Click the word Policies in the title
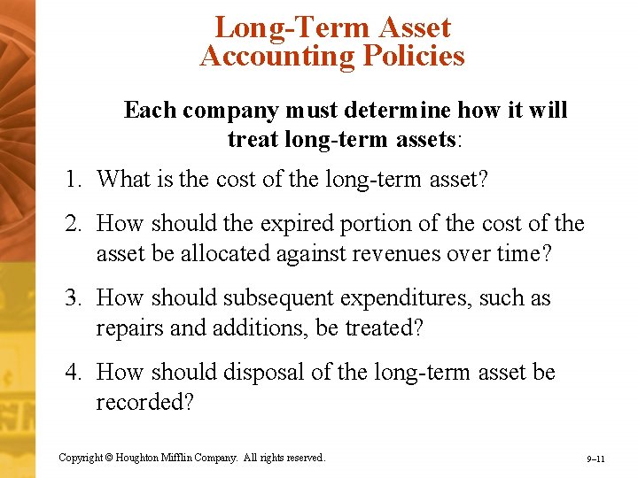[x=409, y=56]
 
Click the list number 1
[x=72, y=179]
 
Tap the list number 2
[x=73, y=223]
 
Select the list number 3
[x=73, y=298]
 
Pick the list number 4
[x=73, y=372]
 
